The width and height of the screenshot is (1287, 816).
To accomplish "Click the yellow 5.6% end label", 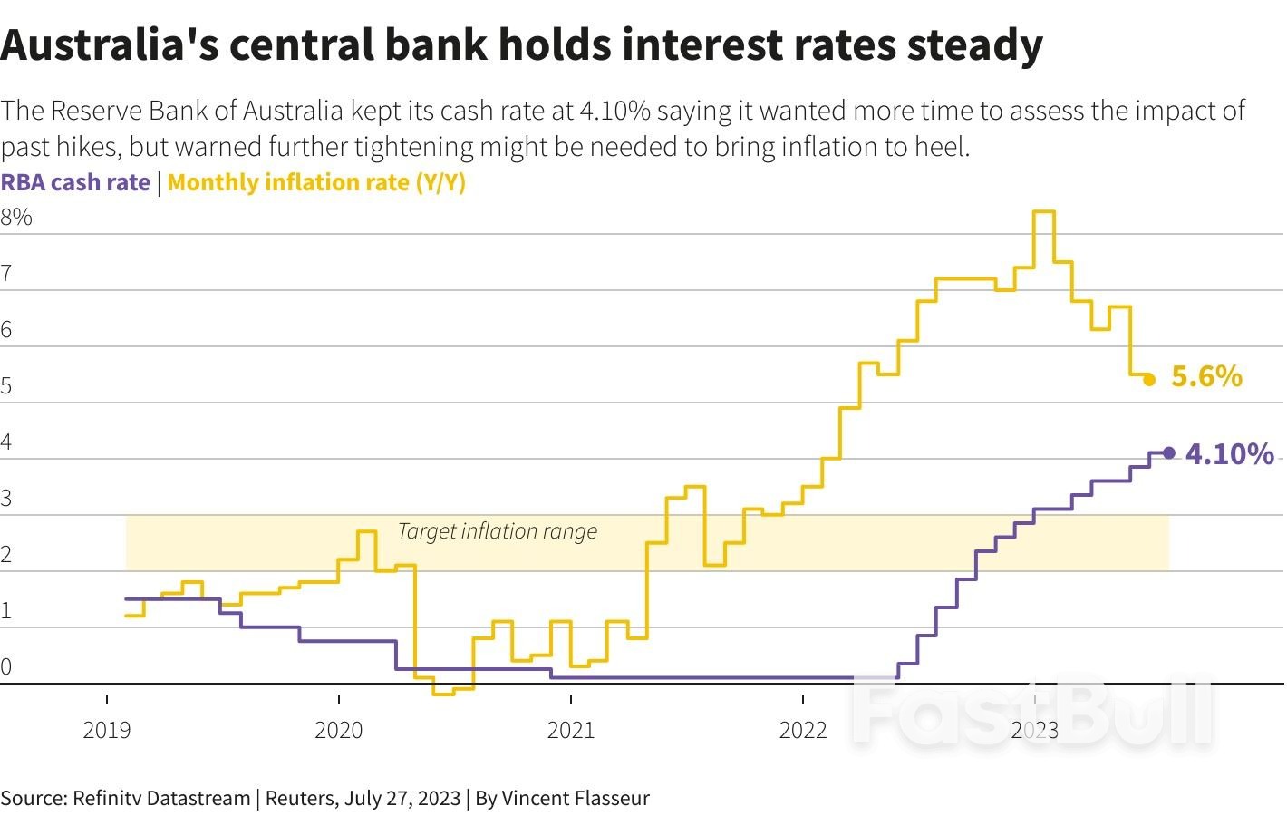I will tap(1205, 376).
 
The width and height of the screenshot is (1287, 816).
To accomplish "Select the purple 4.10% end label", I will tap(1229, 453).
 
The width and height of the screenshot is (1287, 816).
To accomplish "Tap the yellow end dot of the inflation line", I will tap(1149, 380).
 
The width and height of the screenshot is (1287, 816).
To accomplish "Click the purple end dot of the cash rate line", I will tap(1168, 453).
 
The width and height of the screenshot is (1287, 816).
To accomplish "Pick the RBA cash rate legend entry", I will tap(75, 182).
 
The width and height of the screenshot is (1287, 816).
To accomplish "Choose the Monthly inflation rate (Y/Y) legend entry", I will tap(316, 182).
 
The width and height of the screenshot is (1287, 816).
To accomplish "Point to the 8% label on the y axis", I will tap(16, 217).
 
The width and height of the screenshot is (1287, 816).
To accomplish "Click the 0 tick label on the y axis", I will tap(6, 667).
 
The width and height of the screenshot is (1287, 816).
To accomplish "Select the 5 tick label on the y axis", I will tap(6, 386).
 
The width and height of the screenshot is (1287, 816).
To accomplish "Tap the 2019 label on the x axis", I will tap(107, 730).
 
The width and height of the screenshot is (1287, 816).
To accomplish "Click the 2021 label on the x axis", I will tap(571, 730).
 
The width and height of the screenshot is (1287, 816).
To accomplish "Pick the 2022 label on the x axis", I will tap(803, 730).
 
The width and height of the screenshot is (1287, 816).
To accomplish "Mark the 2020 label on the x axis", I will tap(339, 730).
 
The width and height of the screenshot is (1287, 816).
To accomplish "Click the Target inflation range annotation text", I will tap(498, 531).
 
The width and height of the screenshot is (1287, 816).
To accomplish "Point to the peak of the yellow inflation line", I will tap(1044, 212).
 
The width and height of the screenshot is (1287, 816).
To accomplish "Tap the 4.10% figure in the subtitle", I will tap(614, 111).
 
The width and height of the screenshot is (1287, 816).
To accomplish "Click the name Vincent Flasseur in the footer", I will tap(576, 798).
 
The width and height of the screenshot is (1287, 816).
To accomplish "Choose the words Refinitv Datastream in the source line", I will tap(161, 798).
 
